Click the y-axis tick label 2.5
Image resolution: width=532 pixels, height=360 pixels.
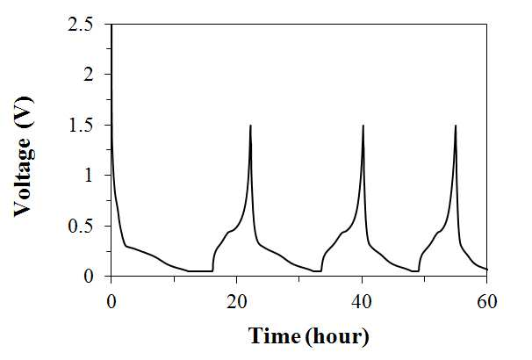pos(81,25)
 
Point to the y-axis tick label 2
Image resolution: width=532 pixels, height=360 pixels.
pos(88,75)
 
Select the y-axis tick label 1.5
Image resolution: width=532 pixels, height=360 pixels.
pos(81,126)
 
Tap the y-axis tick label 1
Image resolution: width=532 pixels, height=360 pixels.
pos(89,175)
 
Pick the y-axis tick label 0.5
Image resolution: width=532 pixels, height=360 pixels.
pos(81,227)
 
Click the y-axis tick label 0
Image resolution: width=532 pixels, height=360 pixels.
pos(88,277)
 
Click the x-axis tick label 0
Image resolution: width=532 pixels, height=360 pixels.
pos(111,301)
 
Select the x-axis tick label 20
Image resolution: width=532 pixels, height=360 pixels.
pos(236,301)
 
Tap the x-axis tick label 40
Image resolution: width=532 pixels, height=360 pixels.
pos(362,301)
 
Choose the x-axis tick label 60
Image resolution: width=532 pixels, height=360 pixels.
pos(487,301)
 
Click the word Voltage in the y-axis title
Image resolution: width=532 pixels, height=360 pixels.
pos(25,177)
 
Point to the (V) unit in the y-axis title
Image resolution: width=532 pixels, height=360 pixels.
pos(25,112)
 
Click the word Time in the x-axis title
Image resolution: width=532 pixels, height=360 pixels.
pos(274,335)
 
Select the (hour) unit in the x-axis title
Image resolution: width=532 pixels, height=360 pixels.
pos(336,336)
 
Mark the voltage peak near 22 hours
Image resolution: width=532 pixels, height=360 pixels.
pos(250,126)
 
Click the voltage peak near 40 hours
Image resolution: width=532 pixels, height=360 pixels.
pos(363,126)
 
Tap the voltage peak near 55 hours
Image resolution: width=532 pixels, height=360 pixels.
pos(456,126)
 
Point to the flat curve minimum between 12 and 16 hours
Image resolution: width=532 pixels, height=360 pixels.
pos(200,271)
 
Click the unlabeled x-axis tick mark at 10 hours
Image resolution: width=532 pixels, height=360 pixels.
pos(174,279)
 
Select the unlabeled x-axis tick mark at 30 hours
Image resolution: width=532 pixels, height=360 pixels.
pos(298,279)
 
